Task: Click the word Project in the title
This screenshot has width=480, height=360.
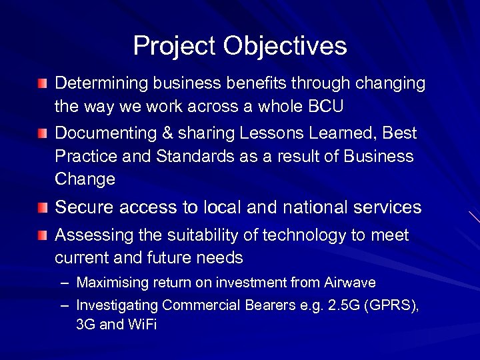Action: tap(175, 47)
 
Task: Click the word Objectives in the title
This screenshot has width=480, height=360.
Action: tap(285, 47)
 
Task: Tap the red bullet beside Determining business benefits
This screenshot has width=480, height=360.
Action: tap(43, 83)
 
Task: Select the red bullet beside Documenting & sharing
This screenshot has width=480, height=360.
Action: tap(43, 133)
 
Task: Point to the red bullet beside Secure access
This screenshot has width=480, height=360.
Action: tap(43, 207)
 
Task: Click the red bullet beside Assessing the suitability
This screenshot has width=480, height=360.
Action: tap(43, 235)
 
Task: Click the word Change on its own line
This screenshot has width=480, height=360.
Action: tap(85, 179)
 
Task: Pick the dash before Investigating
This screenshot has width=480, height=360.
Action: tap(64, 305)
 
